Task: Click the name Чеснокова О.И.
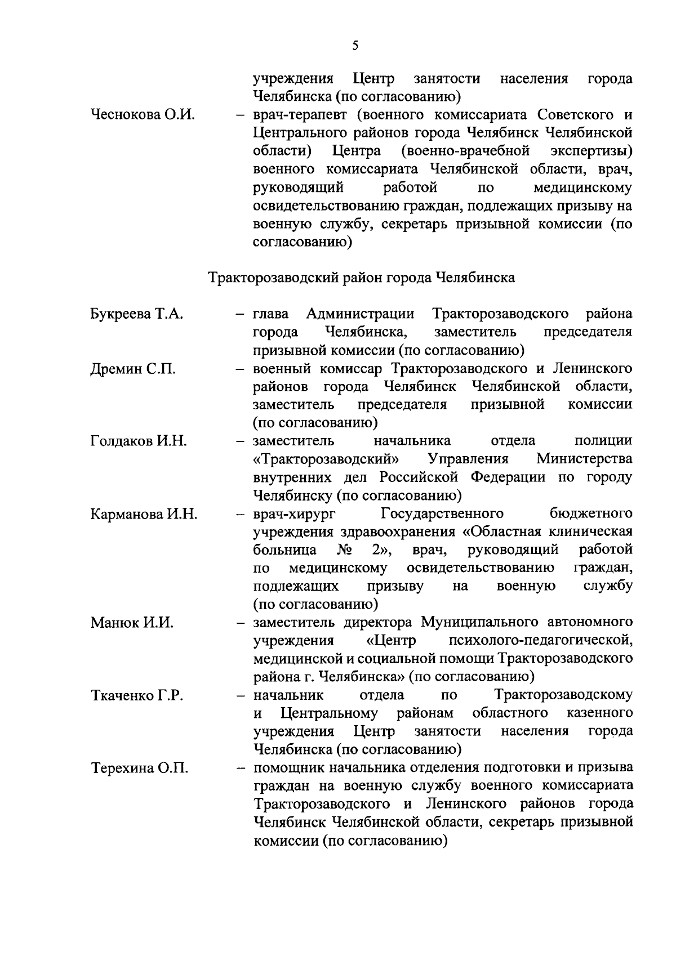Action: point(143,115)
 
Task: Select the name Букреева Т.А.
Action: point(136,314)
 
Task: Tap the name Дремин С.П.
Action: point(133,369)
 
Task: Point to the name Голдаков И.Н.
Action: point(139,441)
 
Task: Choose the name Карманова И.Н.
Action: point(144,514)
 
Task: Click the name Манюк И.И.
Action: point(132,623)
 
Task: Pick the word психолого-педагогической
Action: point(541,641)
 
